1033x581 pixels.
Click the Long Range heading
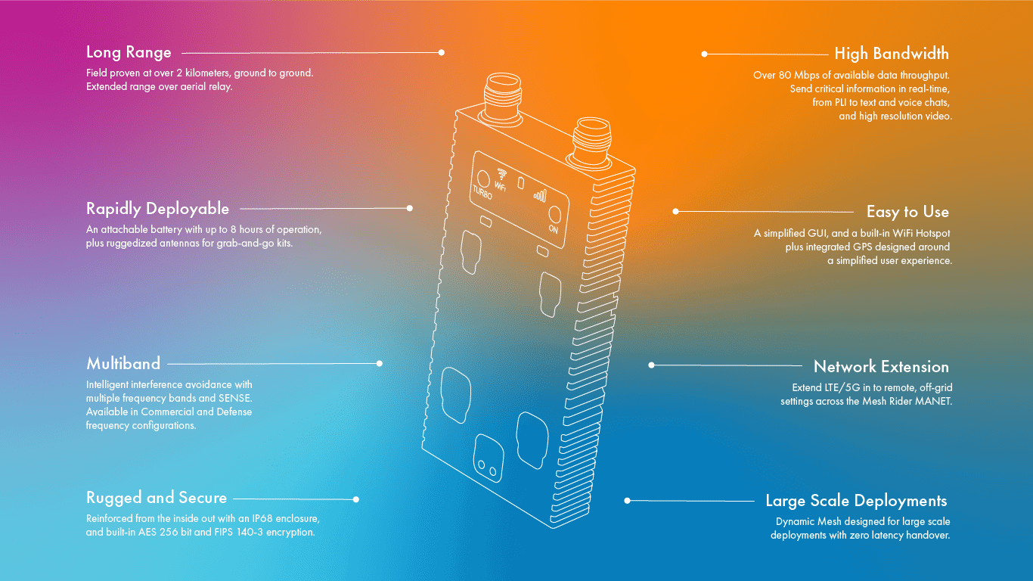click(x=129, y=53)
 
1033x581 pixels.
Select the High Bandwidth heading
click(x=892, y=54)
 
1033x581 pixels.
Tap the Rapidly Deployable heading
click(x=157, y=209)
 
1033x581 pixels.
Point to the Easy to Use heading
click(x=907, y=212)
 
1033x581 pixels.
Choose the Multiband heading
click(x=123, y=364)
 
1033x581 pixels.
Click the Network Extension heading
click(x=881, y=366)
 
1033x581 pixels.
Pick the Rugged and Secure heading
click(x=157, y=498)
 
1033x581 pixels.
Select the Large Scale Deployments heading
click(x=856, y=501)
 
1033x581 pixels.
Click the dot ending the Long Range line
click(x=442, y=53)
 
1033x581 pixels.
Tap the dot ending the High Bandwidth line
click(x=704, y=54)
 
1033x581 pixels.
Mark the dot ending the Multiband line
click(x=379, y=364)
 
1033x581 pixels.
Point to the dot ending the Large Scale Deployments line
click(x=627, y=501)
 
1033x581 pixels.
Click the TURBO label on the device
click(x=482, y=192)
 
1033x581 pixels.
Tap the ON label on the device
click(x=554, y=229)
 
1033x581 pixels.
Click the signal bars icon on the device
click(x=540, y=196)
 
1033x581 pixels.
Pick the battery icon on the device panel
click(x=520, y=183)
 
